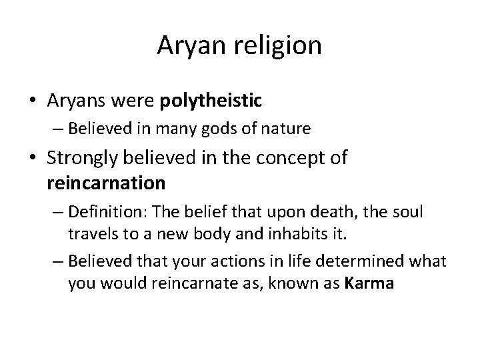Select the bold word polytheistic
click(211, 101)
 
